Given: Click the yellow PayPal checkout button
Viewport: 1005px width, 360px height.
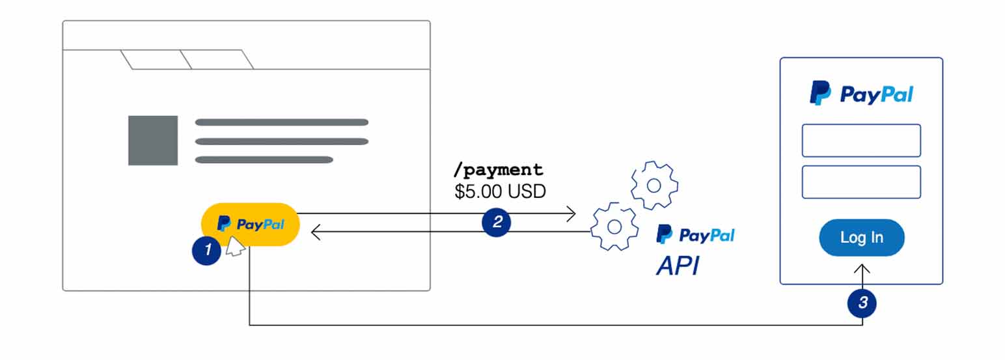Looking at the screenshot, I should tap(251, 224).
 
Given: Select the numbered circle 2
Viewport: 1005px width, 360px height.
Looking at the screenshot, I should tap(497, 222).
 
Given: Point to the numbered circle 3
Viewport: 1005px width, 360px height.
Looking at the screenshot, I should tap(862, 302).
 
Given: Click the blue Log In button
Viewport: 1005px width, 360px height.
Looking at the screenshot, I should tap(861, 238).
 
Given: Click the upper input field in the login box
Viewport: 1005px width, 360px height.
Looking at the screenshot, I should tap(860, 141).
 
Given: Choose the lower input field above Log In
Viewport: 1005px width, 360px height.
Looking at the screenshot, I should tap(860, 182).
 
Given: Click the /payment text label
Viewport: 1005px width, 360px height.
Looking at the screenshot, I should tap(498, 171).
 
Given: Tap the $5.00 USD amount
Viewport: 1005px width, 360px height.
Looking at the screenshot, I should tap(500, 192).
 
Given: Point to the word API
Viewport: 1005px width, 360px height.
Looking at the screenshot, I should tap(678, 266).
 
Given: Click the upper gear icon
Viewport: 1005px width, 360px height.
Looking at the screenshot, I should tap(654, 186).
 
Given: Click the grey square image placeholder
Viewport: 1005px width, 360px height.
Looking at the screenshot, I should tap(153, 141).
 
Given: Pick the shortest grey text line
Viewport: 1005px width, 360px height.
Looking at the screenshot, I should tap(264, 159).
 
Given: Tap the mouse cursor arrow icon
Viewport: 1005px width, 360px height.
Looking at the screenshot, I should tap(234, 246).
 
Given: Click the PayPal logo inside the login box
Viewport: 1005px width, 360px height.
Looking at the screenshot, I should tap(860, 94).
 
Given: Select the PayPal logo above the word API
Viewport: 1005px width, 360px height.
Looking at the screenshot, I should tap(695, 234).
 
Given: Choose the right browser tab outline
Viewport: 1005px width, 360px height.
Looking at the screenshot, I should tap(217, 59).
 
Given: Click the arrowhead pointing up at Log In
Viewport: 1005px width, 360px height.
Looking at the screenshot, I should tap(862, 269).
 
